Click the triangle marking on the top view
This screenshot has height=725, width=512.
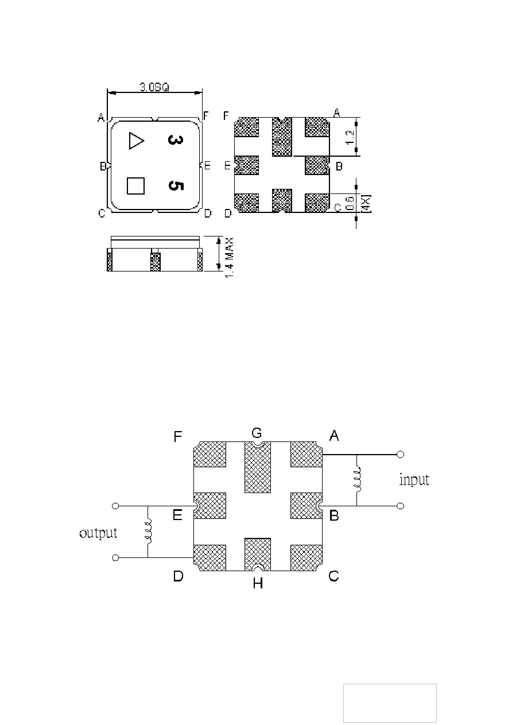pyautogui.click(x=135, y=141)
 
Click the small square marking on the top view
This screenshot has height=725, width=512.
pyautogui.click(x=135, y=186)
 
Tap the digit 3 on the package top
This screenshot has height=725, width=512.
pyautogui.click(x=176, y=140)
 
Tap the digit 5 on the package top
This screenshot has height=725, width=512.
pyautogui.click(x=176, y=186)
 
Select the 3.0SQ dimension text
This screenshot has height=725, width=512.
pyautogui.click(x=154, y=87)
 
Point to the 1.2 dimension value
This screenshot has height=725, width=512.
pyautogui.click(x=350, y=138)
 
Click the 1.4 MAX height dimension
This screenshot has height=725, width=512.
pyautogui.click(x=229, y=257)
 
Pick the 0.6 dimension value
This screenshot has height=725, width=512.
pyautogui.click(x=350, y=203)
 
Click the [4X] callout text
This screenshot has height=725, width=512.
pyautogui.click(x=366, y=204)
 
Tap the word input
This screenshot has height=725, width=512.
pyautogui.click(x=414, y=479)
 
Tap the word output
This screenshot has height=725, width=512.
pyautogui.click(x=98, y=533)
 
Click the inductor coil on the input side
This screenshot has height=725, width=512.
pyautogui.click(x=357, y=480)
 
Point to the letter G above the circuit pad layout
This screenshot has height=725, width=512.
pyautogui.click(x=257, y=433)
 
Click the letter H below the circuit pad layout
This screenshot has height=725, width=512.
pyautogui.click(x=258, y=583)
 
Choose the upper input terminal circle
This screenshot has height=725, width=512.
pyautogui.click(x=400, y=455)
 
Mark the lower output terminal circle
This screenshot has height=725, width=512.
pyautogui.click(x=115, y=557)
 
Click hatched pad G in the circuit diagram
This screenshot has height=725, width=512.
pyautogui.click(x=258, y=467)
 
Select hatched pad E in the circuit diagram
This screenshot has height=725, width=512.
pyautogui.click(x=210, y=506)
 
